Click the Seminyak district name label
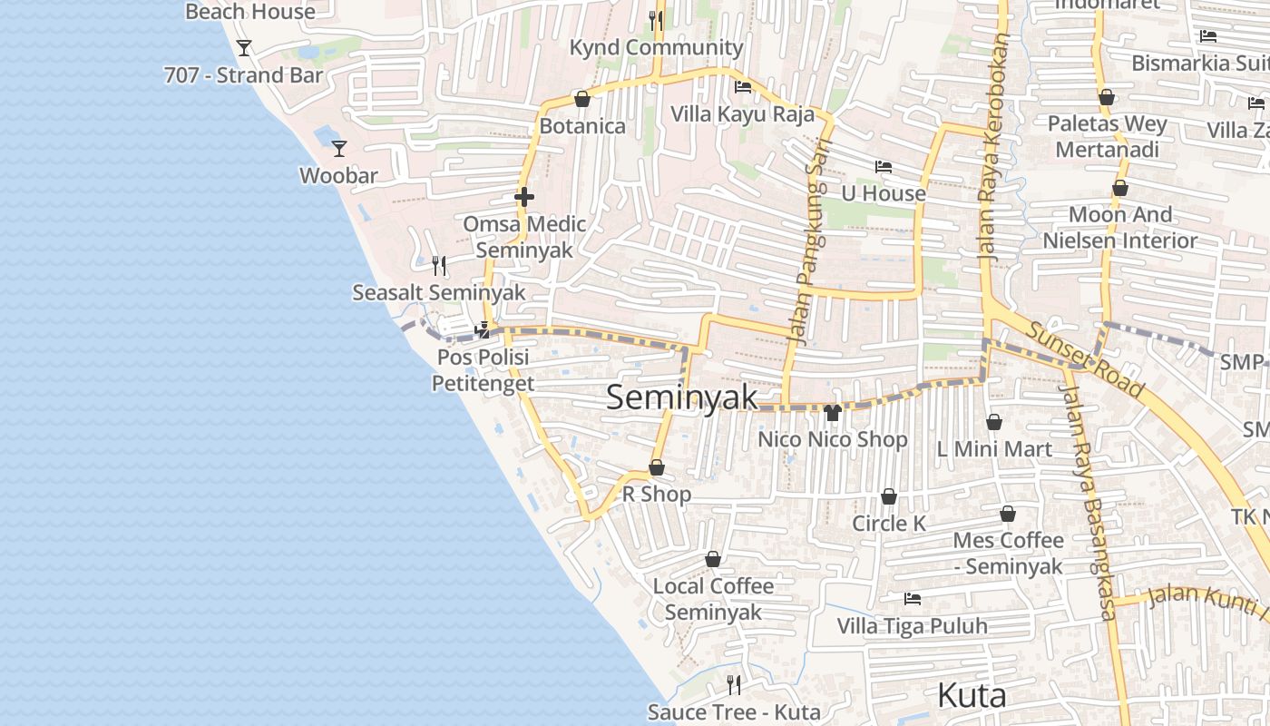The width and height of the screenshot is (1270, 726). coord(681,397)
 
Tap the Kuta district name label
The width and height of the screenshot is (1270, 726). coord(972,696)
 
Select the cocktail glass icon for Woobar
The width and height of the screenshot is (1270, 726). coord(339,148)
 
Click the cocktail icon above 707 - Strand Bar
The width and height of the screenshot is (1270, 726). coord(243,47)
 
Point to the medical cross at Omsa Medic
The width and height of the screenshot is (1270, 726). coord(524,197)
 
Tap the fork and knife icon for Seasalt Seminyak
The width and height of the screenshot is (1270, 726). coord(439,265)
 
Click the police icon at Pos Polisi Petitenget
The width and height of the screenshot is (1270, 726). coord(484,330)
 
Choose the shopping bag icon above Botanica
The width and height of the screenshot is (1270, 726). coord(582,99)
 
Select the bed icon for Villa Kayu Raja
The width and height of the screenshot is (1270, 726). coord(742,88)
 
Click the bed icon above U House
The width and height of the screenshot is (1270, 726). coord(883,167)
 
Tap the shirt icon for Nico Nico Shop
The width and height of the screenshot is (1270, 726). coord(832,413)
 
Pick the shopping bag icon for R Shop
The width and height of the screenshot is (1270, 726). coord(657,468)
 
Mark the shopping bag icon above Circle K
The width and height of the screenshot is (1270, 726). coord(889,497)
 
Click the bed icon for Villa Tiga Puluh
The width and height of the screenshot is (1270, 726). coord(913,599)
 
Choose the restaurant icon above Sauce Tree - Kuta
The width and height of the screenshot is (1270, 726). coord(734,684)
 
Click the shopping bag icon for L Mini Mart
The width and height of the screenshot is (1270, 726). coord(994,423)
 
